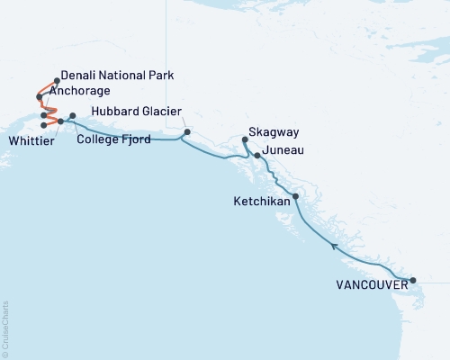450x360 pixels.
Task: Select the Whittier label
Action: (31, 140)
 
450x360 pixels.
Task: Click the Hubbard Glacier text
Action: (134, 113)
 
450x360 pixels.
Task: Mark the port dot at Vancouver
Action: (413, 281)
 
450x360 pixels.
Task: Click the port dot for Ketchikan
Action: (295, 195)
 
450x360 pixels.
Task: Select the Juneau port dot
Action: (258, 156)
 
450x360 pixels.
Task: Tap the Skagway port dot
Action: (245, 139)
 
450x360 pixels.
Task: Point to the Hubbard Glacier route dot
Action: (186, 132)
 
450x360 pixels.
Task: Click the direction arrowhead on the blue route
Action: (334, 245)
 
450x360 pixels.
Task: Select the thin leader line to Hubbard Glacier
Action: (183, 122)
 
